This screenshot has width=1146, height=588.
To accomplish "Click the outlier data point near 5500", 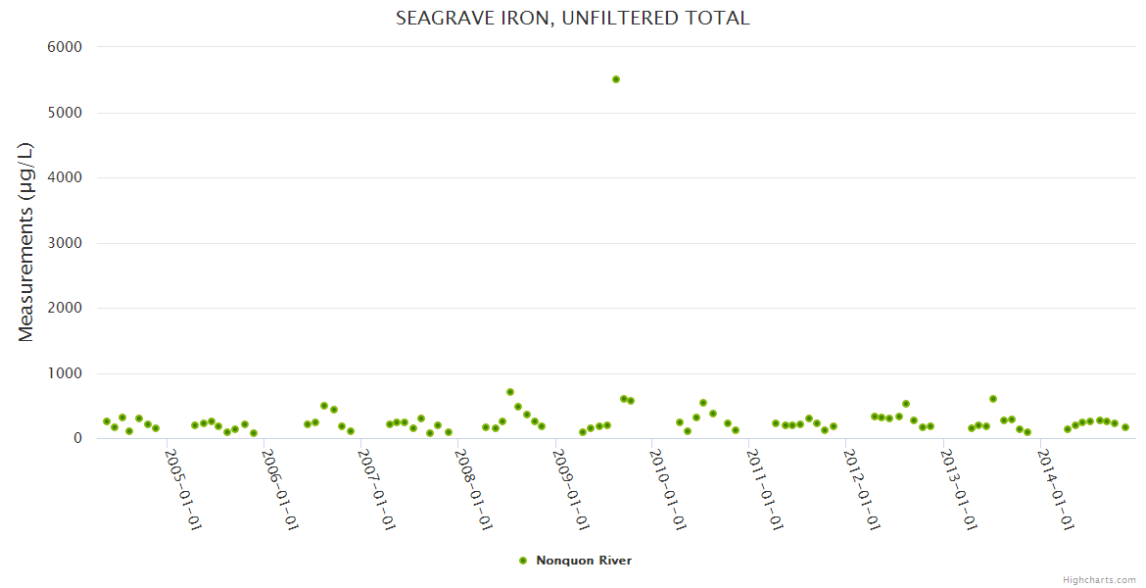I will click(x=616, y=79).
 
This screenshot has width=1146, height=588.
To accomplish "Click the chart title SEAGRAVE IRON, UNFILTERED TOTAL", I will click(x=572, y=19).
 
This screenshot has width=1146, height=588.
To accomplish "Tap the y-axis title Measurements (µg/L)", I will click(x=26, y=242).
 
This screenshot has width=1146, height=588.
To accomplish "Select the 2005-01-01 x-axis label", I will click(x=182, y=490).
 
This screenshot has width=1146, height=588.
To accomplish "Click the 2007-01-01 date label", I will click(x=376, y=490).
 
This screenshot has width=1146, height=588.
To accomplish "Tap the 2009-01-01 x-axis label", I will click(x=571, y=490).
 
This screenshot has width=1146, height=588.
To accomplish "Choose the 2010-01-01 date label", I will click(x=668, y=490).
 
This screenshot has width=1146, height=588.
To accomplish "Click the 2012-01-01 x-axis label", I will click(x=862, y=490).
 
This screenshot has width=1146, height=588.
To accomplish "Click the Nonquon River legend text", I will click(x=584, y=561).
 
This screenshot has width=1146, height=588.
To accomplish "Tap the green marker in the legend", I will click(x=523, y=561).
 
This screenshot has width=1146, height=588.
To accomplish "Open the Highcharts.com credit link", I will click(x=1099, y=579).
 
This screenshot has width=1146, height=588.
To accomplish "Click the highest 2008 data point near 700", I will click(x=510, y=392).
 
